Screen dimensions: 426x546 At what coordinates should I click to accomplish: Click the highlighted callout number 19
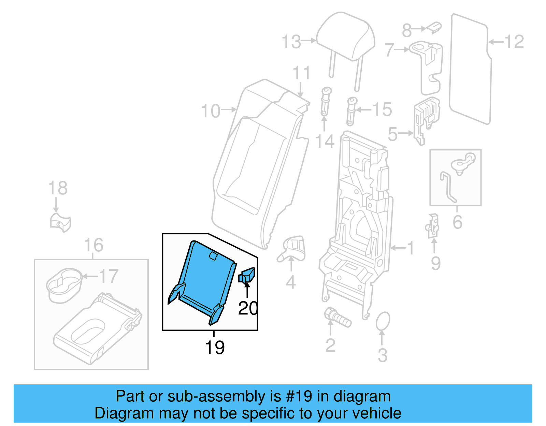pos(215,348)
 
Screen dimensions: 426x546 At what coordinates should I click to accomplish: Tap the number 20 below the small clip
pos(248,308)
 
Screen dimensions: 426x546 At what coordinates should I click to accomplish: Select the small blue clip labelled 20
pos(247,275)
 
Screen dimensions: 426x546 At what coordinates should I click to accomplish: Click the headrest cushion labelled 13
pos(345,36)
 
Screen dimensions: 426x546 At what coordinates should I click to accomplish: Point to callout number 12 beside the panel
pos(514,42)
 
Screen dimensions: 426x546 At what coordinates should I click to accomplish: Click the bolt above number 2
pos(337,318)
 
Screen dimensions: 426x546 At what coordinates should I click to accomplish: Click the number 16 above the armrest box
pos(93,245)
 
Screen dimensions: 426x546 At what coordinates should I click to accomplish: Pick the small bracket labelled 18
pos(60,222)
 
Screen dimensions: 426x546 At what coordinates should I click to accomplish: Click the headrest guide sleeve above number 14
pos(325,102)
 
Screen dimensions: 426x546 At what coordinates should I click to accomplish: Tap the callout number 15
pos(382,109)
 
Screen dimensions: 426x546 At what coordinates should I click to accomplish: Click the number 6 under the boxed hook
pos(457,222)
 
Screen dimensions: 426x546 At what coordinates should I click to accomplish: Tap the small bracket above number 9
pos(433,226)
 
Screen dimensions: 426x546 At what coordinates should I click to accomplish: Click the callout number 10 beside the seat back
pos(211,111)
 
